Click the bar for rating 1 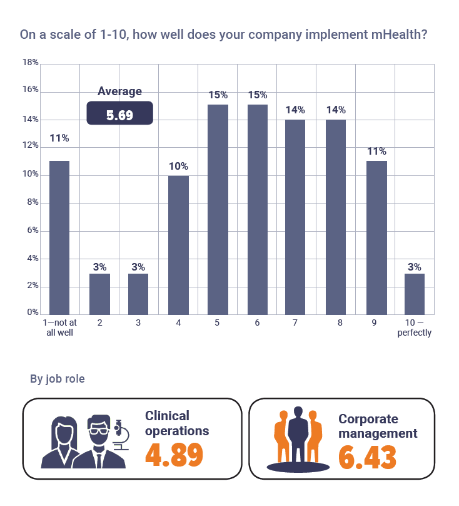click(59, 237)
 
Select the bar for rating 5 click(218, 209)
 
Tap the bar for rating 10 click(415, 294)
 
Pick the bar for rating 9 click(376, 237)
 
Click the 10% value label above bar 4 click(178, 166)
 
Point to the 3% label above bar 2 click(99, 266)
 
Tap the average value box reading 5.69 click(119, 115)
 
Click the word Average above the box click(119, 91)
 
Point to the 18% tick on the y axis click(31, 63)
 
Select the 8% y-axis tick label click(32, 203)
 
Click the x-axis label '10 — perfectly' click(415, 328)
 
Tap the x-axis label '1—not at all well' click(59, 328)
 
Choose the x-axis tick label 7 click(295, 323)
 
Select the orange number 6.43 click(367, 457)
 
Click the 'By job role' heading click(58, 379)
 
